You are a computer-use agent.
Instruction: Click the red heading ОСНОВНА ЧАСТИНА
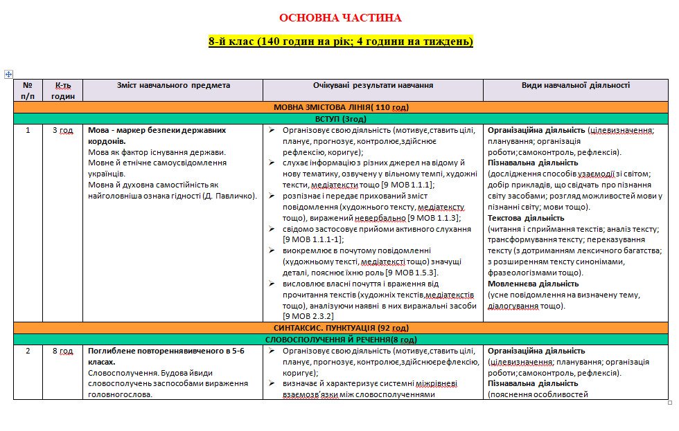[339, 18]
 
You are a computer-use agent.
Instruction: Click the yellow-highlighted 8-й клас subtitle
[340, 42]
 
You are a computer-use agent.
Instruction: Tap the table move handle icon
[8, 73]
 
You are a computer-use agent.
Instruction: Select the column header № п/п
[28, 91]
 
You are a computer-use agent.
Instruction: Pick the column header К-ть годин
[63, 91]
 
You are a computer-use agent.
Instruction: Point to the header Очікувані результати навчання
[373, 86]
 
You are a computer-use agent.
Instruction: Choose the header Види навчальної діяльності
[575, 86]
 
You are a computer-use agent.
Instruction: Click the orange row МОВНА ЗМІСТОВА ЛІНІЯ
[341, 107]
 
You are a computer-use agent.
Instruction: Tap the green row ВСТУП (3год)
[341, 119]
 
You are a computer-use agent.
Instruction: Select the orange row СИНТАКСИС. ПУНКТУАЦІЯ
[341, 327]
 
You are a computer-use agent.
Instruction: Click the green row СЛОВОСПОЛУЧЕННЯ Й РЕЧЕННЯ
[341, 340]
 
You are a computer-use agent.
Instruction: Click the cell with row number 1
[28, 130]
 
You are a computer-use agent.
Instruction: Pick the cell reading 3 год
[63, 130]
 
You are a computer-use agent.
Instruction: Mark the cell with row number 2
[28, 351]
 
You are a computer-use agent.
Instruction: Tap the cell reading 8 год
[63, 351]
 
